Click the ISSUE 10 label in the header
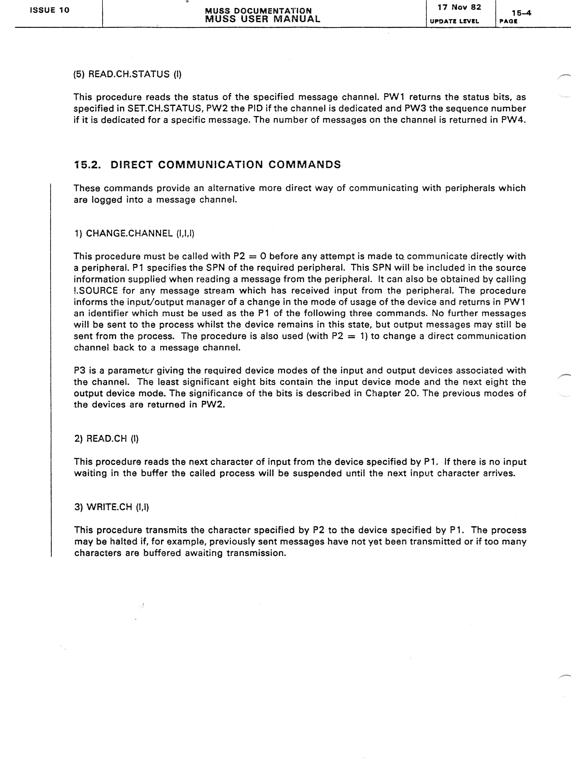(49, 10)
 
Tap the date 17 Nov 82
(459, 7)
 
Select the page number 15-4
(521, 13)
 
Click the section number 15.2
(87, 165)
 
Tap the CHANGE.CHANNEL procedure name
(129, 233)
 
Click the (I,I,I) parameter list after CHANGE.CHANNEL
(185, 233)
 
